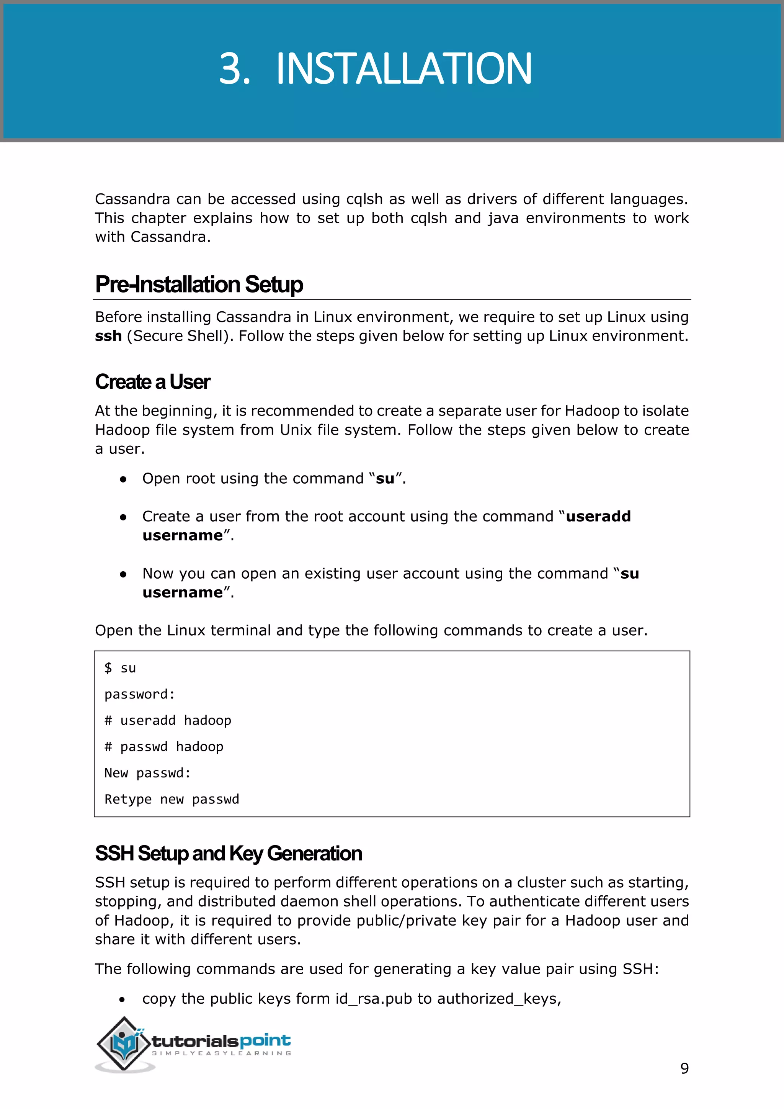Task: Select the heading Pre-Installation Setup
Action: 199,285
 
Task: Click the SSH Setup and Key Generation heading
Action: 228,854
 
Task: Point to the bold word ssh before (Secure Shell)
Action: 108,336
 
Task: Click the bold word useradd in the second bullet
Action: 598,516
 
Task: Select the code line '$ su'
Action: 120,668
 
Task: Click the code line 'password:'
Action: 139,695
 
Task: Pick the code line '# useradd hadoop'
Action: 168,721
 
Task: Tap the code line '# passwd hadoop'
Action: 164,747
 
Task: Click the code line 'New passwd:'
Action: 147,773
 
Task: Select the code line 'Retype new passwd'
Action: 171,799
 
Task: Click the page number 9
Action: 684,1068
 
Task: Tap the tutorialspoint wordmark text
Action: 221,1041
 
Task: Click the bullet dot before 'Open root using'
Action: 123,479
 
